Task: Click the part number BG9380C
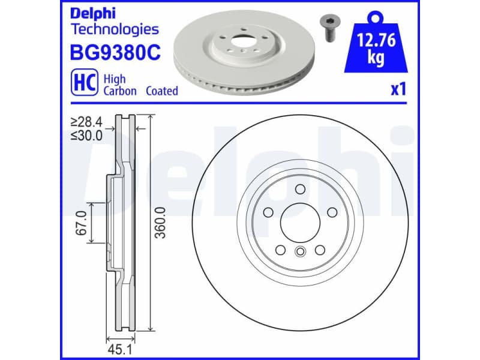coord(116,54)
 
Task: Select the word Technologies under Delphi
coord(115,29)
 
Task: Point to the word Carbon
coord(120,91)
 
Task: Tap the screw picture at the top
coord(328,27)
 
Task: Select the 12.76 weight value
coord(375,42)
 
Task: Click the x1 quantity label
coord(398,90)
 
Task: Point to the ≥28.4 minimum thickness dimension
coord(86,122)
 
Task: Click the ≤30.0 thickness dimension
coord(86,135)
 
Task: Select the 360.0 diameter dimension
coord(160,223)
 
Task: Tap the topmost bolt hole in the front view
coord(299,190)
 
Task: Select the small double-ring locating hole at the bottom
coord(299,252)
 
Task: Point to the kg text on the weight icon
coord(375,59)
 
